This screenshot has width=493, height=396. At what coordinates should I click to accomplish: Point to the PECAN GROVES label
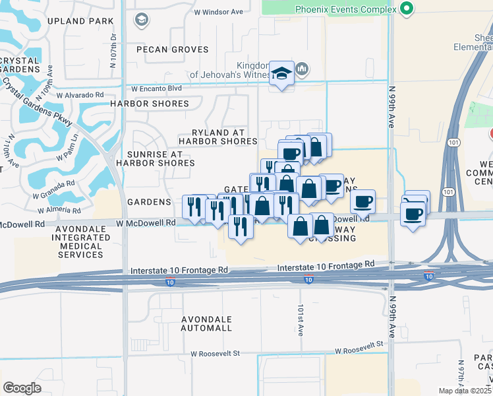coord(172,49)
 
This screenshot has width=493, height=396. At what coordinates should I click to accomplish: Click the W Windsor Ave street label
coord(218,12)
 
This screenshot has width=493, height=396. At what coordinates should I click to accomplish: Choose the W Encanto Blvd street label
coord(156,88)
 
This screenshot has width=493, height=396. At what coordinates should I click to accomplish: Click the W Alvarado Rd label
coord(81,95)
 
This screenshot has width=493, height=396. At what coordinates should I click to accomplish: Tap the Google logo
coord(22,387)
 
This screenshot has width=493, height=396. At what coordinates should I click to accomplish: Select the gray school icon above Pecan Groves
coord(140,20)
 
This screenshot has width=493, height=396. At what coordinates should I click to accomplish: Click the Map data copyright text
coord(465,391)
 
